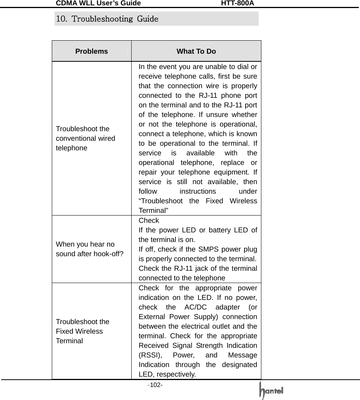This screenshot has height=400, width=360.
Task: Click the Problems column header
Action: pyautogui.click(x=92, y=51)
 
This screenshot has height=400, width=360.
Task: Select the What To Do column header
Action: pyautogui.click(x=196, y=51)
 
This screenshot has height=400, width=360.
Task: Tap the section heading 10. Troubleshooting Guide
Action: pyautogui.click(x=107, y=19)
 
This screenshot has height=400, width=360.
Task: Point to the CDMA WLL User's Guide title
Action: pyautogui.click(x=98, y=3)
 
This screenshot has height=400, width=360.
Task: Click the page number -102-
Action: pyautogui.click(x=156, y=385)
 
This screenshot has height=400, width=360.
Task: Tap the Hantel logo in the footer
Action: pyautogui.click(x=272, y=391)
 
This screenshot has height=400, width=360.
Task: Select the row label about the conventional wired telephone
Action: pyautogui.click(x=86, y=138)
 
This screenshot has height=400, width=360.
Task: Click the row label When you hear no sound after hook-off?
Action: pyautogui.click(x=89, y=249)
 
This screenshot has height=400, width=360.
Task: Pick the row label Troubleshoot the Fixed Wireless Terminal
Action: pyautogui.click(x=83, y=331)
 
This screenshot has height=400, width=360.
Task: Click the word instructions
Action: pyautogui.click(x=198, y=191)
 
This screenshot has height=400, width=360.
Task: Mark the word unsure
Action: pyautogui.click(x=213, y=115)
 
